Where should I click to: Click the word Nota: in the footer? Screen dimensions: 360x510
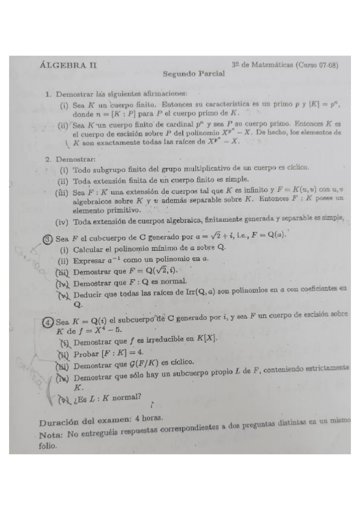pyautogui.click(x=51, y=434)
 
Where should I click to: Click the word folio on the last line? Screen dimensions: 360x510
pyautogui.click(x=48, y=446)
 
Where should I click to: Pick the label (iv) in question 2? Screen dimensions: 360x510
pyautogui.click(x=63, y=222)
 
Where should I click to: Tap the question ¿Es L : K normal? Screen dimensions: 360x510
pyautogui.click(x=107, y=396)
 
